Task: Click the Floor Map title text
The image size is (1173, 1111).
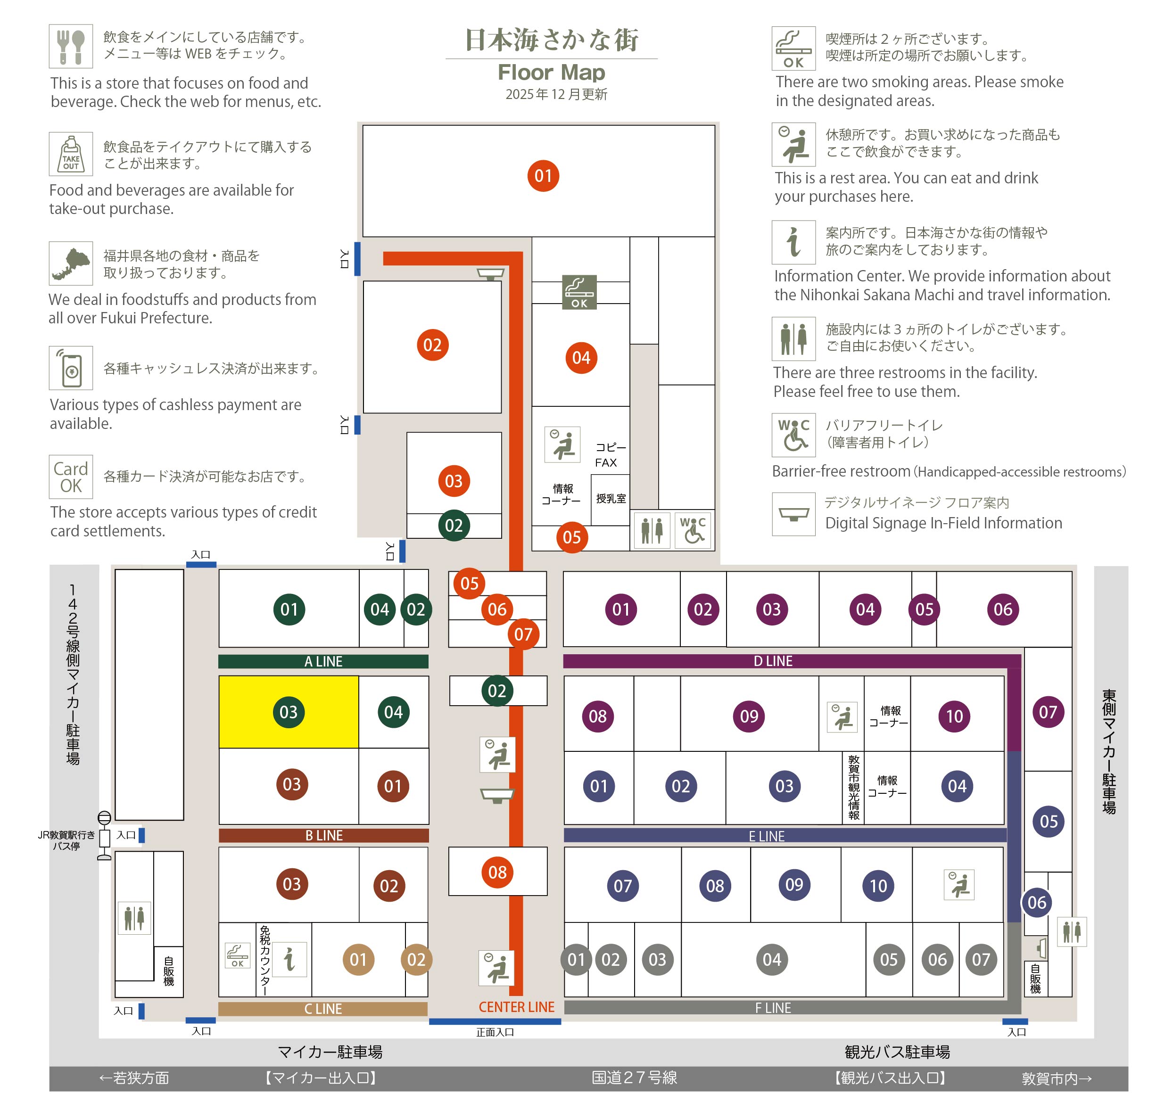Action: pyautogui.click(x=551, y=72)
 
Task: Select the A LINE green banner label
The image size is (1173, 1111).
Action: pyautogui.click(x=323, y=661)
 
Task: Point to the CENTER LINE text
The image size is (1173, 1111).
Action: pyautogui.click(x=517, y=1007)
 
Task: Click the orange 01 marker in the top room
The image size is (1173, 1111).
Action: pyautogui.click(x=543, y=175)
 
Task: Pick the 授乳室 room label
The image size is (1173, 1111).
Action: pyautogui.click(x=611, y=498)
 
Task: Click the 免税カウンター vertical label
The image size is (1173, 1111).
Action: pyautogui.click(x=265, y=961)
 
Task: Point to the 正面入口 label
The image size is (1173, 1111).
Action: pyautogui.click(x=495, y=1032)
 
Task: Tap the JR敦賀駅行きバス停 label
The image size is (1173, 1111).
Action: pyautogui.click(x=66, y=840)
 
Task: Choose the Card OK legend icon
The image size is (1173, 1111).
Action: pyautogui.click(x=71, y=477)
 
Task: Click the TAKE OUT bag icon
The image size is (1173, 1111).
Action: pyautogui.click(x=71, y=153)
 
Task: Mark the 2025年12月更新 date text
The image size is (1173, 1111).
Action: pyautogui.click(x=556, y=94)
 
